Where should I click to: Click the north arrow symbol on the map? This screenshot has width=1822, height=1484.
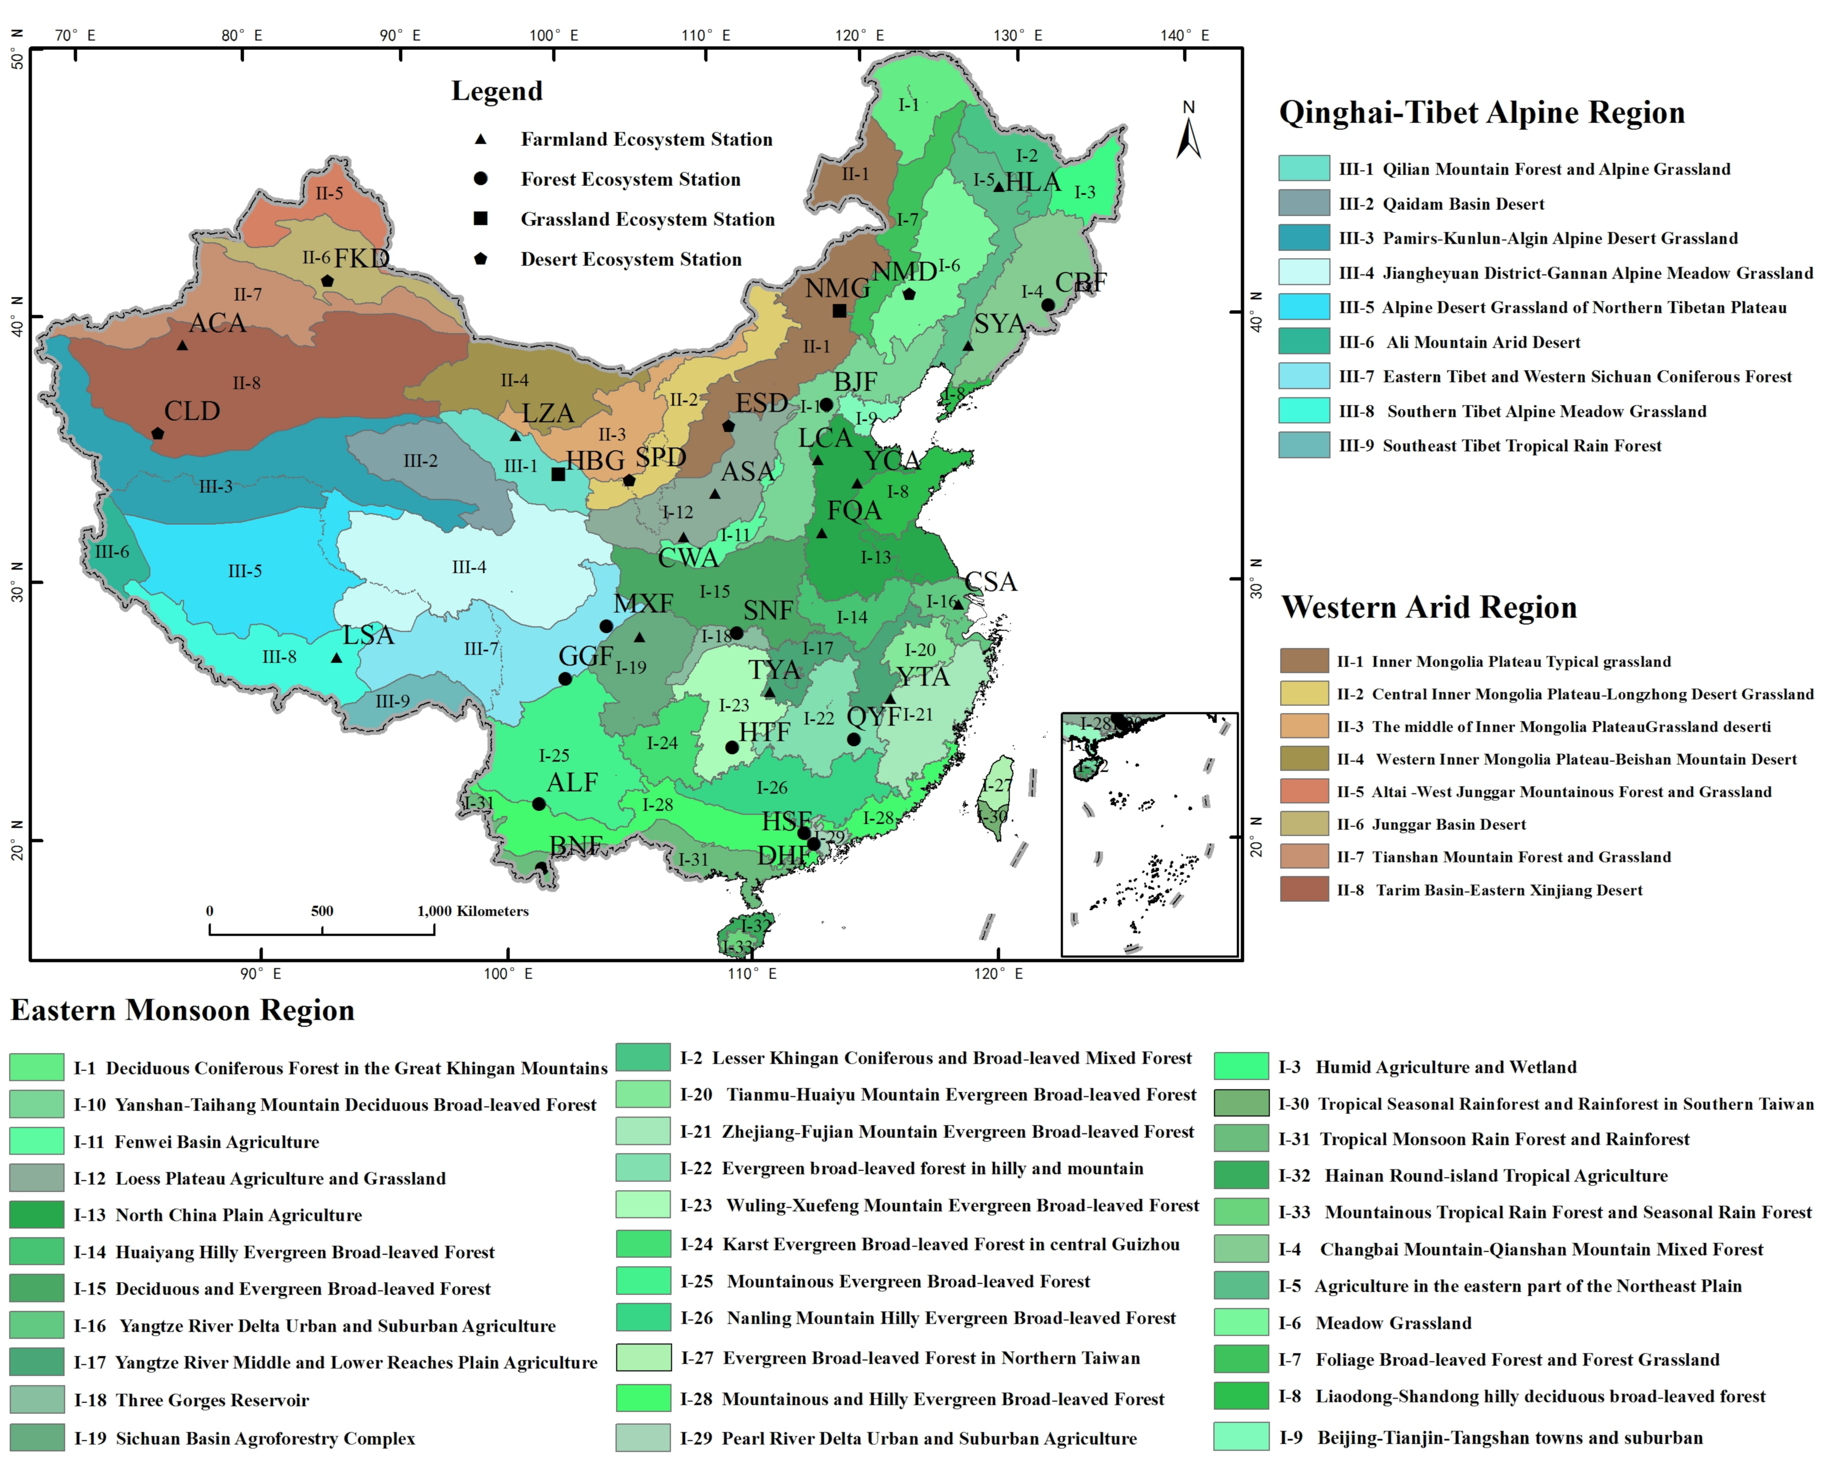click(x=1188, y=137)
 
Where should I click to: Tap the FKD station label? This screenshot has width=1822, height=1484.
click(x=362, y=258)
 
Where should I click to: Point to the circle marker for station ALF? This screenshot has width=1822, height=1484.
click(x=539, y=804)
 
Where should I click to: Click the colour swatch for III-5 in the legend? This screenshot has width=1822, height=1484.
click(x=1304, y=307)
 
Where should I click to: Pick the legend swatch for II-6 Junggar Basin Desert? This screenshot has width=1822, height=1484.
click(x=1304, y=824)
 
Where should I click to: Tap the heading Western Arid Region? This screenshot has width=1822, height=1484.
click(x=1429, y=607)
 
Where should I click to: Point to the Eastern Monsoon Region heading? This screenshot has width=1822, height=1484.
click(x=182, y=1010)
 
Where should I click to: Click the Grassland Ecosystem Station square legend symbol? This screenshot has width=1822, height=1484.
click(x=481, y=219)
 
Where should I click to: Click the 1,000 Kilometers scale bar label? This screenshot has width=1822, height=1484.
click(x=473, y=911)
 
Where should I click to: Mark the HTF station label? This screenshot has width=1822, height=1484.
click(x=764, y=733)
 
